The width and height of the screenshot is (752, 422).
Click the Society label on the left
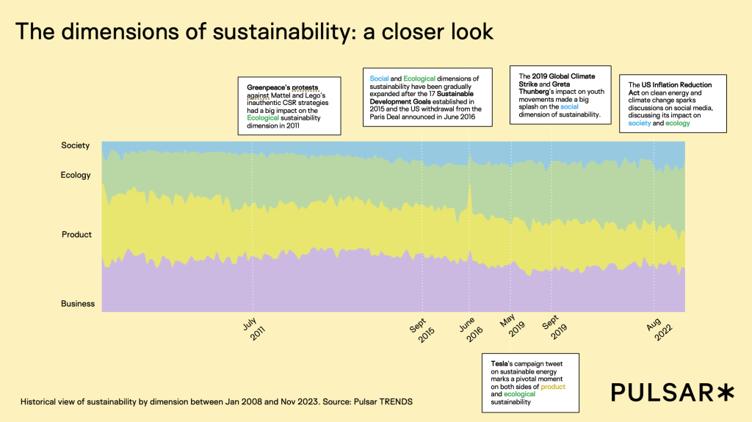(x=76, y=145)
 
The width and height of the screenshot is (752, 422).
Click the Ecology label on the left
(x=76, y=175)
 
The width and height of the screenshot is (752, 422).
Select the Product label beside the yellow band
(x=77, y=235)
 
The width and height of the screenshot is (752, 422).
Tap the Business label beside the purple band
(x=77, y=304)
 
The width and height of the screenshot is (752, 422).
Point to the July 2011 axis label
(x=253, y=328)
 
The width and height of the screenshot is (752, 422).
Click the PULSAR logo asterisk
(x=725, y=393)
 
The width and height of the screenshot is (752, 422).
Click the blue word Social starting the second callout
(x=379, y=79)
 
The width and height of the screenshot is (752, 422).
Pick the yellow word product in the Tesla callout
(x=553, y=386)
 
